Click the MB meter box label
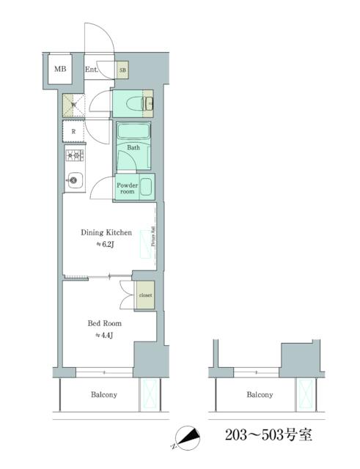(60, 70)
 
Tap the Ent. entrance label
(92, 70)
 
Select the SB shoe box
(122, 70)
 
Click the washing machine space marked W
(74, 105)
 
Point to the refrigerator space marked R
(74, 132)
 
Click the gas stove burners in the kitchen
(76, 155)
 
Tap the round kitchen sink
(75, 179)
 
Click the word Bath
(133, 147)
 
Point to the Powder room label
(128, 188)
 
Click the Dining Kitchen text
(106, 233)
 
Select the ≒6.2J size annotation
(106, 245)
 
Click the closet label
(144, 295)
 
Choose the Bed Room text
(104, 322)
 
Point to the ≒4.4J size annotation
(103, 335)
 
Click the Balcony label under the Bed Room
(103, 394)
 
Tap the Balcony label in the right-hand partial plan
(260, 394)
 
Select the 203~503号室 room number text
(268, 435)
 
